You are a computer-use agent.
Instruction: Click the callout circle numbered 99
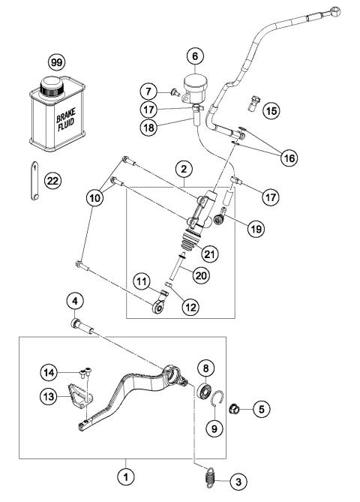point(55,59)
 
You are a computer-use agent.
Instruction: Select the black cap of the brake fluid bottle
point(53,84)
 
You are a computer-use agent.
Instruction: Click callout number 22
point(52,181)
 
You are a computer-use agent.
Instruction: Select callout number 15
point(270,111)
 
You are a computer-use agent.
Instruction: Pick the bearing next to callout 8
point(203,391)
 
